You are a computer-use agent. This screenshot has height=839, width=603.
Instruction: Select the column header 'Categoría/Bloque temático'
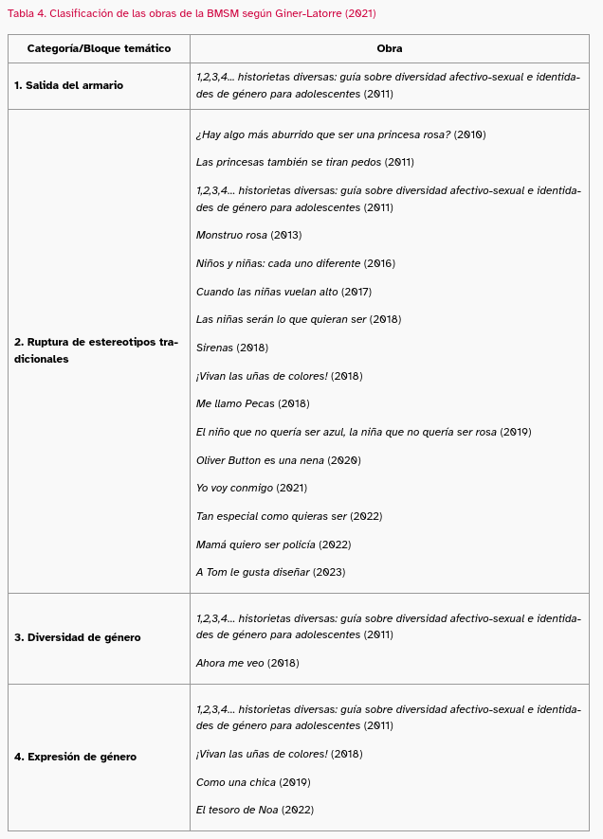click(99, 48)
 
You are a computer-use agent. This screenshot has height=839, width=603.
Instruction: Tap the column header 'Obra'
click(389, 48)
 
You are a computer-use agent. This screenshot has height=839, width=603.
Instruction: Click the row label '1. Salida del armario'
click(68, 86)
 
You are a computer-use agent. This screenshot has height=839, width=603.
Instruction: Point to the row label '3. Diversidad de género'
click(77, 638)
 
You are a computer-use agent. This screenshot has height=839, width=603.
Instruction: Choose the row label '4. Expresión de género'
click(75, 758)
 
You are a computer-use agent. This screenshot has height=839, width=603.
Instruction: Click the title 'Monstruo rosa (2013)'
click(248, 235)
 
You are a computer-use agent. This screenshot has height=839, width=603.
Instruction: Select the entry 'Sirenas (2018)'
click(231, 348)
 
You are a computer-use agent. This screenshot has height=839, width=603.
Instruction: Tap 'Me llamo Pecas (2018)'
click(252, 404)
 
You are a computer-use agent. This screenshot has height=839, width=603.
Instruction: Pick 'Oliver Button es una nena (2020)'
click(278, 460)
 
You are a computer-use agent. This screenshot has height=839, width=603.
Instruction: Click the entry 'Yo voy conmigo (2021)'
click(251, 489)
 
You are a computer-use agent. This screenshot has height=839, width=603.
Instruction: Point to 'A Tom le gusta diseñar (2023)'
click(270, 573)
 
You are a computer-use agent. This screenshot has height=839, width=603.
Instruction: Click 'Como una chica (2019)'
click(253, 782)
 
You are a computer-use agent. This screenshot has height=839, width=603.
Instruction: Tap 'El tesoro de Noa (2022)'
click(254, 811)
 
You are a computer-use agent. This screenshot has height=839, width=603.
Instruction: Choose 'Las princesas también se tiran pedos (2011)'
click(304, 162)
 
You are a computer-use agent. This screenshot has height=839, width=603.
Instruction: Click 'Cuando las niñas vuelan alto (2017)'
click(283, 292)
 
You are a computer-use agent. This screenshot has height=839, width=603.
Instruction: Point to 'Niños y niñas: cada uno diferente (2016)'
click(295, 263)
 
